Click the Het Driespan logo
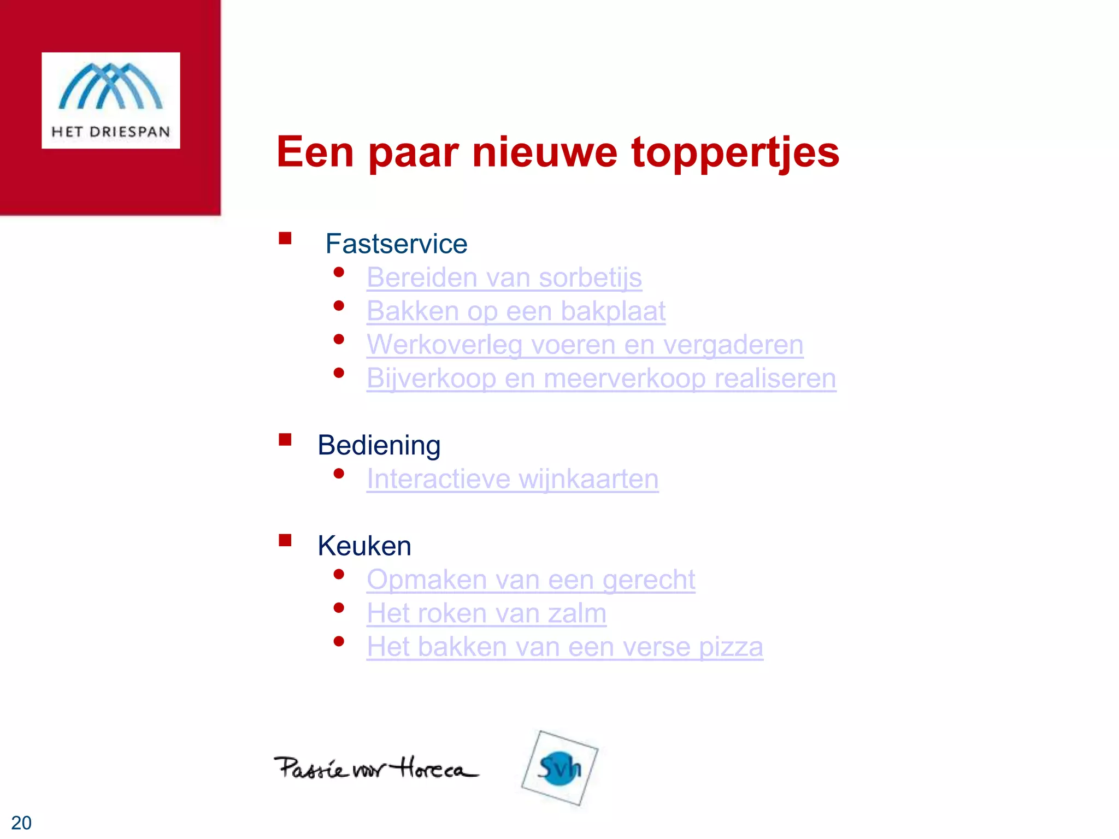tap(111, 100)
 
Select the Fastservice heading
tap(396, 244)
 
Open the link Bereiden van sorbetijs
tap(504, 277)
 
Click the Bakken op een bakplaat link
tap(516, 311)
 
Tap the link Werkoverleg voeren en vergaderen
tap(585, 345)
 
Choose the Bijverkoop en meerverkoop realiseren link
tap(601, 379)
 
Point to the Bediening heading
tap(379, 445)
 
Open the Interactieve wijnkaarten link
tap(513, 479)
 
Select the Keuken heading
tap(364, 546)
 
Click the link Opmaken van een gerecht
tap(531, 580)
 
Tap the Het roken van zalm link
tap(486, 613)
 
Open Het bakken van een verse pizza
tap(564, 647)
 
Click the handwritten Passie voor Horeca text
tap(376, 768)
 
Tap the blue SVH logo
tap(559, 768)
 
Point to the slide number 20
tap(21, 823)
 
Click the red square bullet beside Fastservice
tap(285, 238)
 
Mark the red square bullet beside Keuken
tap(285, 540)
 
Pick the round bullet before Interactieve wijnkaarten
tap(339, 474)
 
